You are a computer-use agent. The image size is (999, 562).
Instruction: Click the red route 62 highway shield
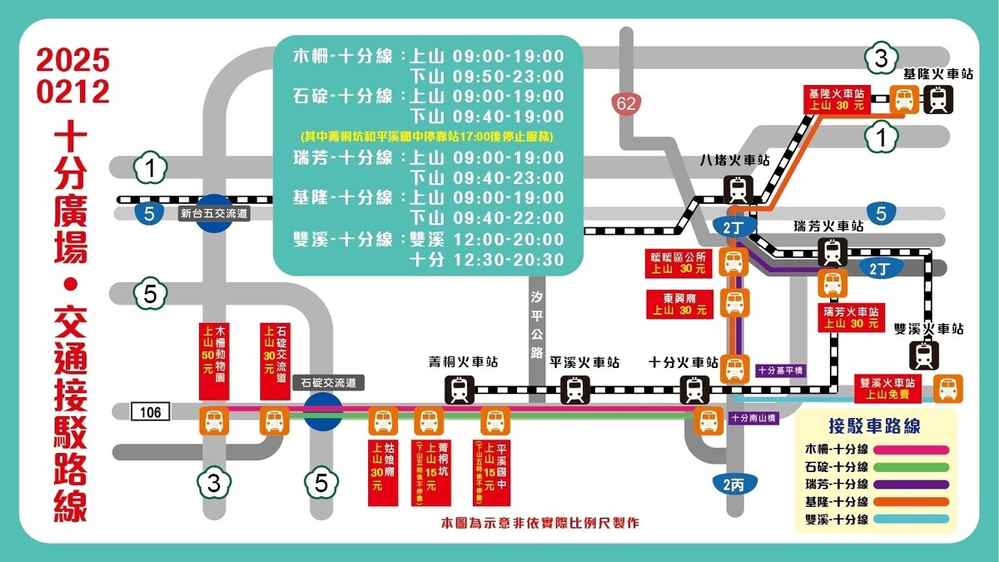pyautogui.click(x=626, y=104)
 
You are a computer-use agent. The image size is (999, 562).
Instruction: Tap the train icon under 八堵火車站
pyautogui.click(x=738, y=190)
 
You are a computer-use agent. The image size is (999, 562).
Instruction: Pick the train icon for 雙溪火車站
pyautogui.click(x=925, y=356)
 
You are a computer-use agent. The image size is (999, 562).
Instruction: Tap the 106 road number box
pyautogui.click(x=151, y=411)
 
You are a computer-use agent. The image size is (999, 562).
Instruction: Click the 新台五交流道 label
pyautogui.click(x=215, y=214)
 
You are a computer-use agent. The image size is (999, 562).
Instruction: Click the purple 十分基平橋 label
pyautogui.click(x=781, y=370)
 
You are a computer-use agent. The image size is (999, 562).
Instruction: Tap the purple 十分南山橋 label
pyautogui.click(x=753, y=418)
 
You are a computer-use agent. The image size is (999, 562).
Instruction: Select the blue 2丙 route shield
pyautogui.click(x=733, y=485)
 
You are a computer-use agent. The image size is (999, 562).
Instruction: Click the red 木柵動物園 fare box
pyautogui.click(x=214, y=361)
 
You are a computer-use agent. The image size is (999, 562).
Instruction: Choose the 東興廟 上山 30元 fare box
pyautogui.click(x=680, y=304)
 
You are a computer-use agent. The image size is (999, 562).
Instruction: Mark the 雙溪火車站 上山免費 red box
pyautogui.click(x=892, y=388)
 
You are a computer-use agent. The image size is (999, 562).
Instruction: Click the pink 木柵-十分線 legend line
pyautogui.click(x=912, y=450)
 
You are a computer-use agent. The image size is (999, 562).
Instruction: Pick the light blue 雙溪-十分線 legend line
pyautogui.click(x=912, y=520)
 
